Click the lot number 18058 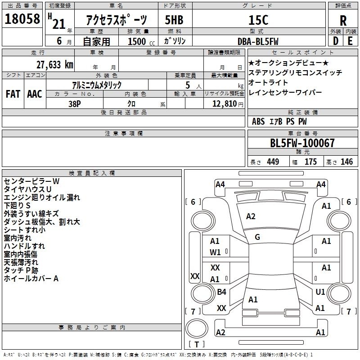point(22,19)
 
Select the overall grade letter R point(343,21)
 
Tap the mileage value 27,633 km point(54,65)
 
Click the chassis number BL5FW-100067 point(302,143)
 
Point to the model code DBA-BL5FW point(258,41)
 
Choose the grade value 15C point(258,20)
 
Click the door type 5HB point(174,20)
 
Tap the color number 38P point(75,104)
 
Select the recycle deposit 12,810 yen point(228,104)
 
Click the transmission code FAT point(13,94)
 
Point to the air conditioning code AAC point(35,94)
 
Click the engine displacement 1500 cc point(141,41)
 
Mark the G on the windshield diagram point(257,237)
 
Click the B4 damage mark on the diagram point(221,292)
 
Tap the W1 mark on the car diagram point(215,252)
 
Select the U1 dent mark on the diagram point(320,292)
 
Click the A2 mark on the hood point(251,216)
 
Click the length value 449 point(273,162)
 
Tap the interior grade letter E point(350,41)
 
